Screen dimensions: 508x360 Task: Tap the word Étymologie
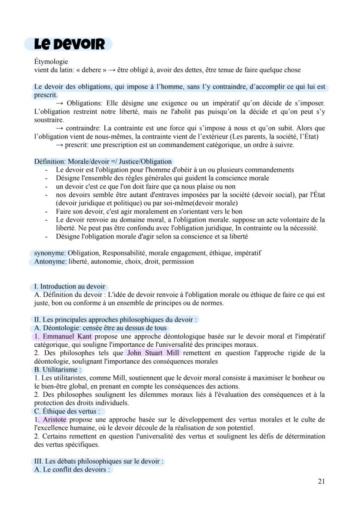click(51, 62)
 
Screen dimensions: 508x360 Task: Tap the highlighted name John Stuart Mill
click(153, 353)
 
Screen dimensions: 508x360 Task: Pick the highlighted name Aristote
click(55, 419)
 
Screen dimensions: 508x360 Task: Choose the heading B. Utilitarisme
click(58, 370)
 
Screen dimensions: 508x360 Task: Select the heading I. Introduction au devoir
click(70, 286)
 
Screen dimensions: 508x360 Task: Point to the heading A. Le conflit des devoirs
click(72, 470)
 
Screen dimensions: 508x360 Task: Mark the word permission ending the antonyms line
click(178, 262)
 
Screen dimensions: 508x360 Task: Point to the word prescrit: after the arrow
click(78, 145)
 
